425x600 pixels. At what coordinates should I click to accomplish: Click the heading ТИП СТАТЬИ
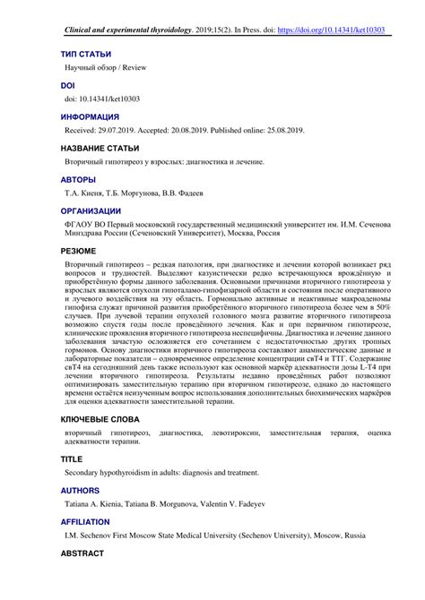pos(86,54)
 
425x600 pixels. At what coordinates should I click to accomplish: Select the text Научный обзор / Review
pos(105,68)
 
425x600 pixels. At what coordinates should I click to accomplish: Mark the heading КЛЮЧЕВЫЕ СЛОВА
pos(100,418)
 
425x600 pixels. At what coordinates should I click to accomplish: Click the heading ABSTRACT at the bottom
pos(83,554)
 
